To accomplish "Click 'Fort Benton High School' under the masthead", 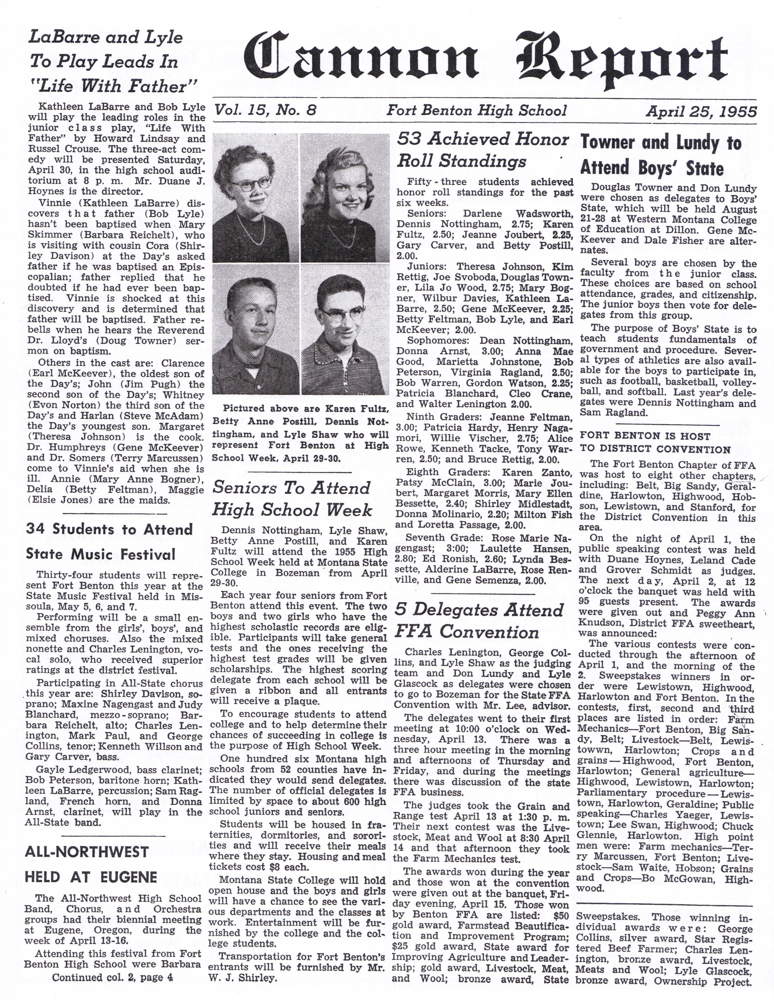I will click(477, 110).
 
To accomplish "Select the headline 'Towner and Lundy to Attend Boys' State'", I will click(661, 155).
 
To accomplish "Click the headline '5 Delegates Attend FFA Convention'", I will click(479, 621).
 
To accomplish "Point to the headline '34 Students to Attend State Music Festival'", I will click(109, 542).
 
